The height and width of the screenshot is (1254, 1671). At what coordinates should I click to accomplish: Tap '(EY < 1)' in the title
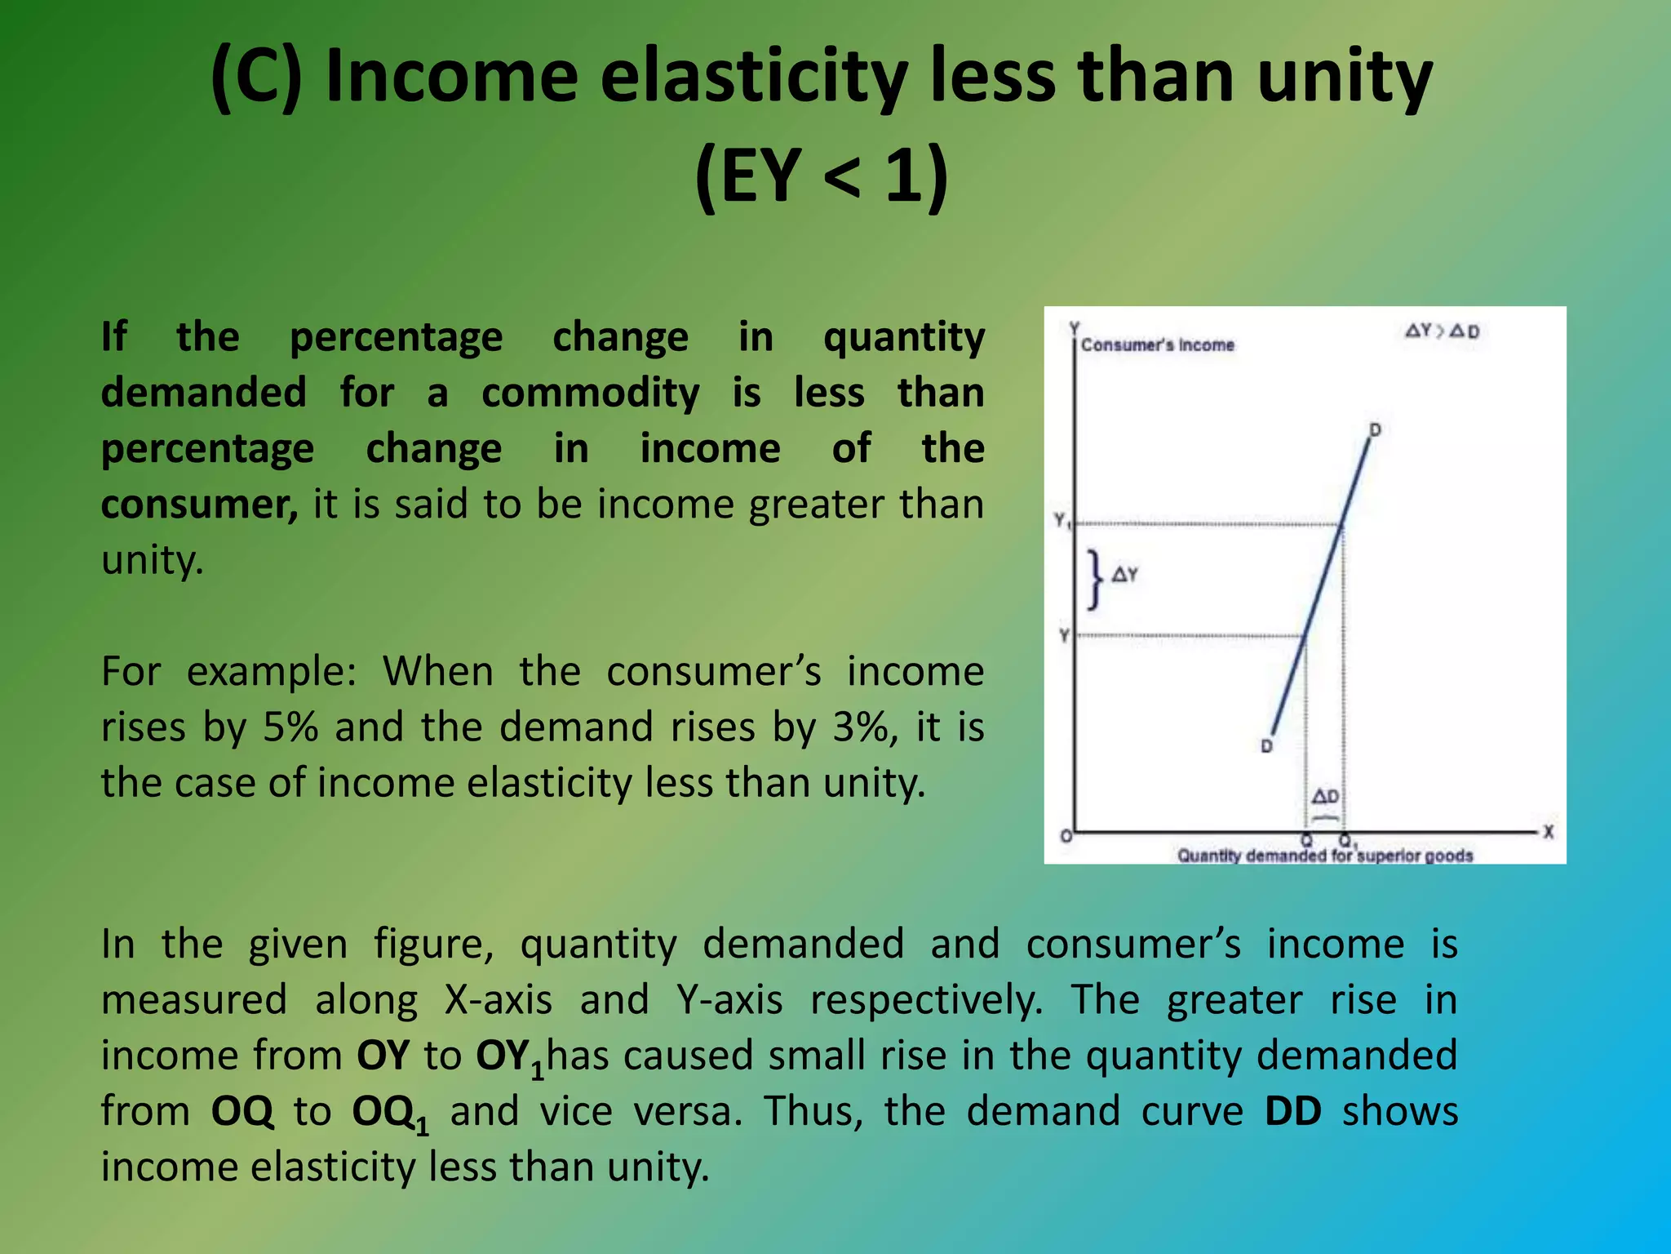822,176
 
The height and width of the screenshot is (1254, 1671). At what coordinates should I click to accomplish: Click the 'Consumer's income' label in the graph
1157,345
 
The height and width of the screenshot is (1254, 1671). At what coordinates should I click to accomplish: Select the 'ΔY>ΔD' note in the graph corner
1442,331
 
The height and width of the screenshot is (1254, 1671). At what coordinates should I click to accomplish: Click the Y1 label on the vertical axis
1061,520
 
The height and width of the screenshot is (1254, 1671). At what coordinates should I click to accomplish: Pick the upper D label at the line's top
1375,429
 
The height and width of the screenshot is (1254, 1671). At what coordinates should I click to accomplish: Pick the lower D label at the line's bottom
1266,745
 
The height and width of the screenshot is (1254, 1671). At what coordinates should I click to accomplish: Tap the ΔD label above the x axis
1325,796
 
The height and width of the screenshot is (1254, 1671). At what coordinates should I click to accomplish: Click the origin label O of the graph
1066,836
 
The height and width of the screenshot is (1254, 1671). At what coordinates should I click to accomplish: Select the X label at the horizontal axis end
1548,832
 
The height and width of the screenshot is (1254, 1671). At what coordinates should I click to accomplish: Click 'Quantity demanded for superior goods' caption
1324,856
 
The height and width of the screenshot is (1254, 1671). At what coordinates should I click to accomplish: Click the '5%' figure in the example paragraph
290,727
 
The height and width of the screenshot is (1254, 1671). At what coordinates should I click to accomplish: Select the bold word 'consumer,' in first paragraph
200,505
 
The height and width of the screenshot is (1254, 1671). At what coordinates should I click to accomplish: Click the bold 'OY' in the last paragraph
383,1056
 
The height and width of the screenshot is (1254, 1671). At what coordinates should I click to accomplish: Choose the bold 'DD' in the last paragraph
1292,1111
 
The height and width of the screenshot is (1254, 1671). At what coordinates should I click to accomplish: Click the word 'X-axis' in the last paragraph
499,1000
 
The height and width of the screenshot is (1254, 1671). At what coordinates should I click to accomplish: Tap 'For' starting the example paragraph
131,672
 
